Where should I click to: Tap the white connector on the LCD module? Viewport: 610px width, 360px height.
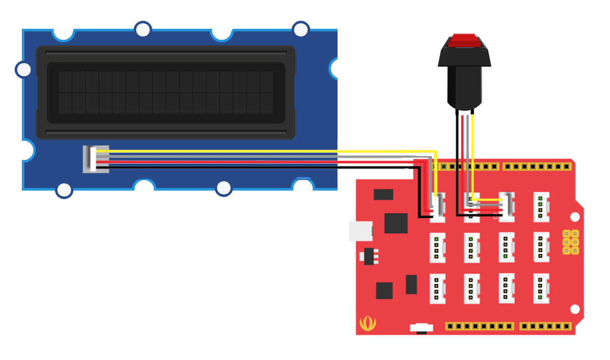[x=96, y=159]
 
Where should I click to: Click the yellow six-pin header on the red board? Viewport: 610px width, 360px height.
[x=571, y=242]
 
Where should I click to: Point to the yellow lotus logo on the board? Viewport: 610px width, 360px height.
[x=367, y=323]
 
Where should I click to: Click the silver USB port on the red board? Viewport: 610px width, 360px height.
[x=360, y=231]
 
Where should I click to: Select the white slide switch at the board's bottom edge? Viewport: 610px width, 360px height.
[x=421, y=327]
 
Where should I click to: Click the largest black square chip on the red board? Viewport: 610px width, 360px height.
[x=396, y=223]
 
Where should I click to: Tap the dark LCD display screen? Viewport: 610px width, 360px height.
[x=166, y=93]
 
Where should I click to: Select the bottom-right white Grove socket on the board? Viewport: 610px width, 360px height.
[x=541, y=288]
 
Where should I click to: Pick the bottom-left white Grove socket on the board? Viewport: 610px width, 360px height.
[x=437, y=289]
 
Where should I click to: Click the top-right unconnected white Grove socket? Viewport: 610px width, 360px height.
[x=541, y=206]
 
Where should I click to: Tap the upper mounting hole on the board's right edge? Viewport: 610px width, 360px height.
[x=574, y=217]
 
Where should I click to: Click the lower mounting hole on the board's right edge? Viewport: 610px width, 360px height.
[x=574, y=309]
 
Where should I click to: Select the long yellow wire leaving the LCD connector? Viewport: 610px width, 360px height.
[x=254, y=152]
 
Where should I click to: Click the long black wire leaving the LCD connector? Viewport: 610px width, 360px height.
[x=254, y=167]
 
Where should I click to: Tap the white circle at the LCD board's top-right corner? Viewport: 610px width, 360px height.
[x=301, y=29]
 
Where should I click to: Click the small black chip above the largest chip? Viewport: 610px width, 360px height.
[x=383, y=194]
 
